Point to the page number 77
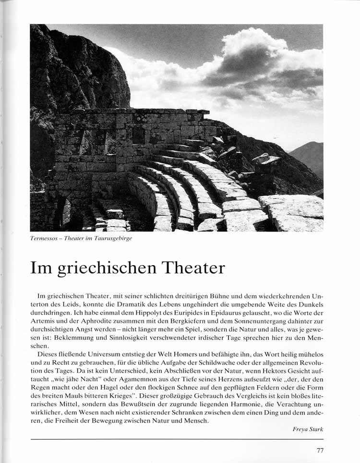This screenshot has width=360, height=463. pos(320,451)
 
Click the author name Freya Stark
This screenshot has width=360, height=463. pos(308,429)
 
